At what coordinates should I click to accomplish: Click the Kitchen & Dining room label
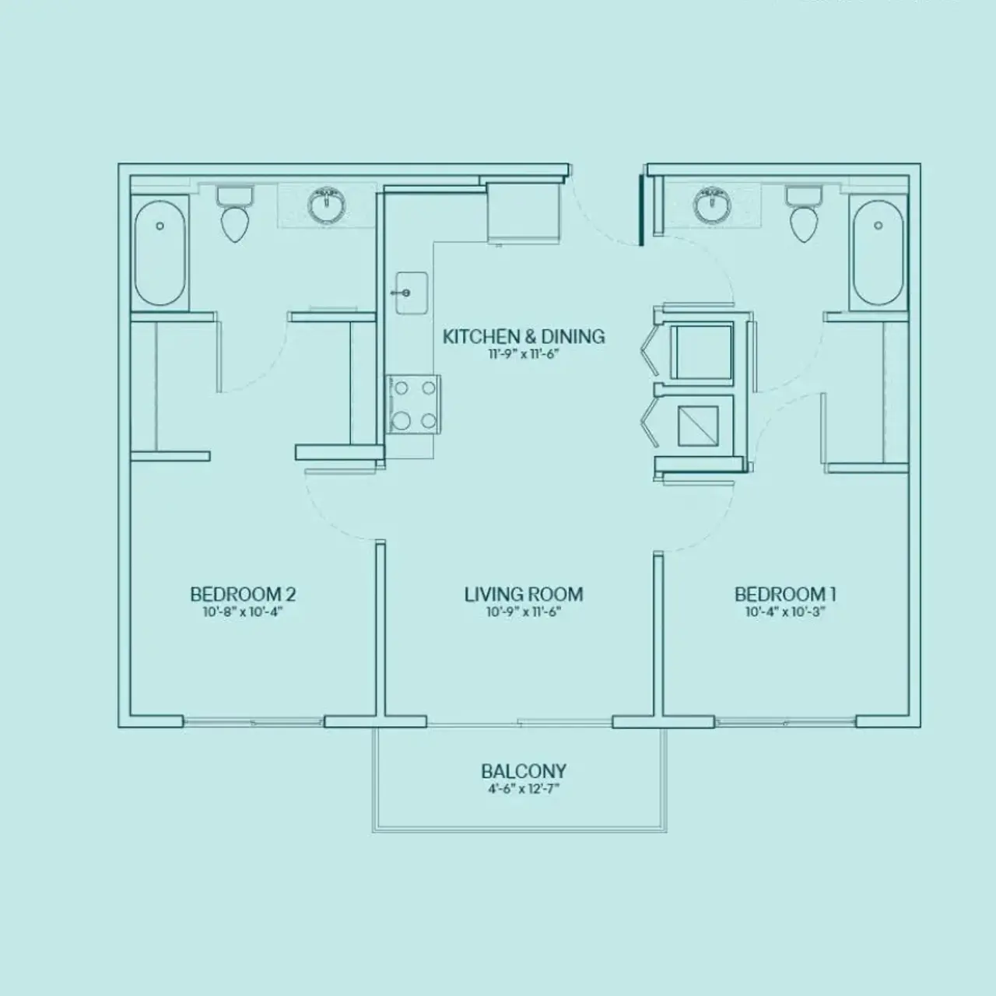tap(523, 336)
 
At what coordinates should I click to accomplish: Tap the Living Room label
tap(523, 594)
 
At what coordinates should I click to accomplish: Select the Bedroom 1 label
tap(784, 594)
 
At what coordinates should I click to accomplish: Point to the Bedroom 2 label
tap(243, 594)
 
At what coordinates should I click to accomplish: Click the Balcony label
tap(523, 771)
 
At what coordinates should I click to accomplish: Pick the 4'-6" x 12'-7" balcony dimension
tap(523, 789)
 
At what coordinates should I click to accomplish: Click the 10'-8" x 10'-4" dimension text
tap(243, 612)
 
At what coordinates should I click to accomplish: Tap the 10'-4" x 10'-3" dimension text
tap(784, 612)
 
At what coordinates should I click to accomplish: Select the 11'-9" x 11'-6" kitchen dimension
tap(523, 354)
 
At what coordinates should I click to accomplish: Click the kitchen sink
tap(411, 293)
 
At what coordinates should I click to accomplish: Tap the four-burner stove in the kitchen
tap(414, 404)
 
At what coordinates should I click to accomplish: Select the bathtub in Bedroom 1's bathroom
tap(878, 253)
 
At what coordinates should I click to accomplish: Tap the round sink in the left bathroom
tap(327, 206)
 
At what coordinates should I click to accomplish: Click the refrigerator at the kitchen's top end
tap(524, 209)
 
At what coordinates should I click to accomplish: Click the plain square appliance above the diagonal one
tap(701, 352)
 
